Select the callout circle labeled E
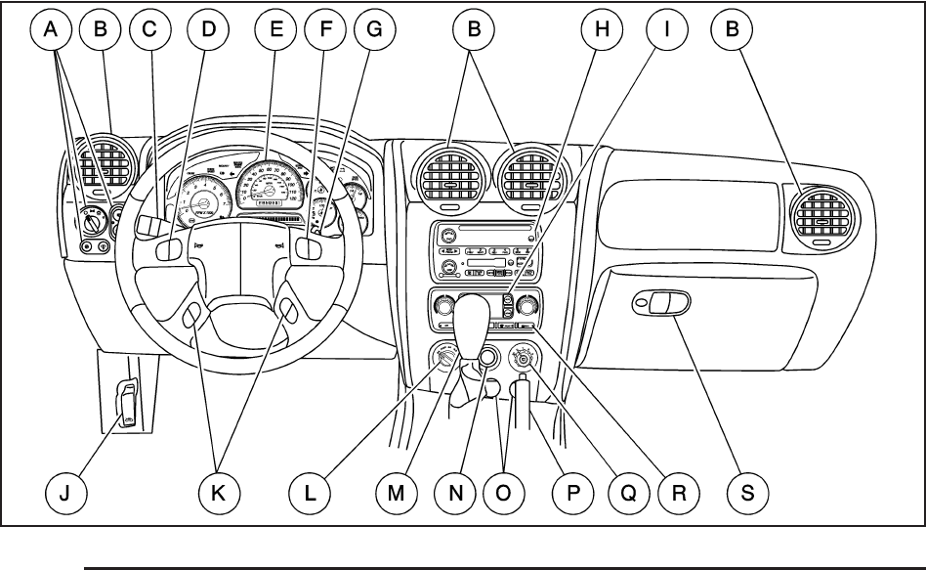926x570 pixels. pyautogui.click(x=276, y=31)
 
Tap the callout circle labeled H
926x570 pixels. pyautogui.click(x=603, y=31)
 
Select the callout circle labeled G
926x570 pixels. pyautogui.click(x=375, y=31)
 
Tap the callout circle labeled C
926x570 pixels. pyautogui.click(x=148, y=31)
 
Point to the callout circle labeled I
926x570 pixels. pyautogui.click(x=667, y=31)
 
